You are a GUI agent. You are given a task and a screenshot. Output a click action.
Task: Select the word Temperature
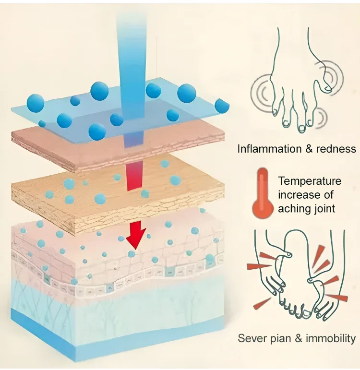(310, 181)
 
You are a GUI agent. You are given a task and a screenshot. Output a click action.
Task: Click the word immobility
(331, 338)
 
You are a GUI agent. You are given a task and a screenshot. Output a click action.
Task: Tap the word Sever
(252, 338)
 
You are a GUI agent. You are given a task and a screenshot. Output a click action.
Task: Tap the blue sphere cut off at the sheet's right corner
(222, 105)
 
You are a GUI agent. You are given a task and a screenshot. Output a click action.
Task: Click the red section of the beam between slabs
(134, 178)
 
